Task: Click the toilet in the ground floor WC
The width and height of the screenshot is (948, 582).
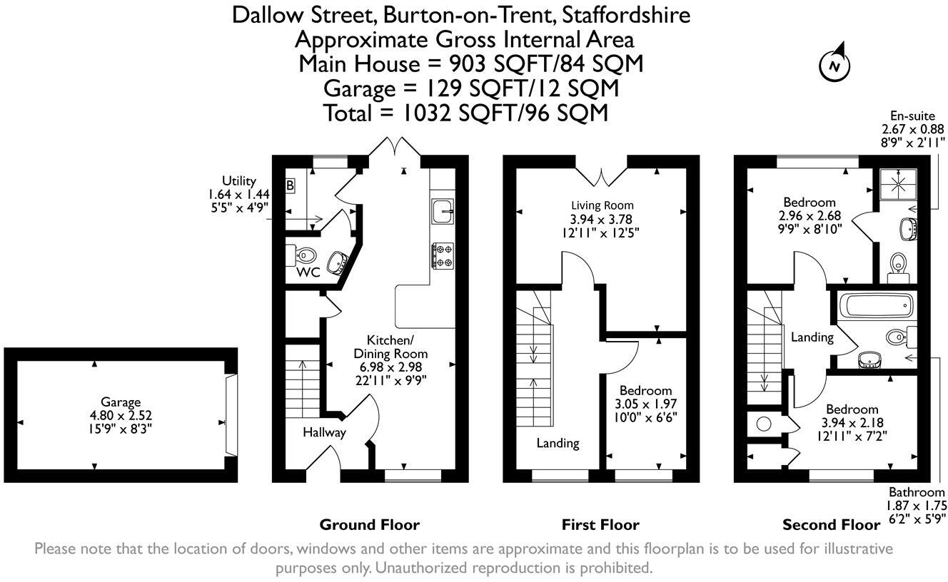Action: pos(305,255)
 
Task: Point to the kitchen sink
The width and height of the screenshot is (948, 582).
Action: pos(441,210)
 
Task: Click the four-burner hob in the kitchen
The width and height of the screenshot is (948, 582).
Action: pos(441,256)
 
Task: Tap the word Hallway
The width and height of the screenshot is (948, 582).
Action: pos(324,432)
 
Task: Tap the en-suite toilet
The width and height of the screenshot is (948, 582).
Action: pos(897,264)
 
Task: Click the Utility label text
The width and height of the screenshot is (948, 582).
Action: pos(238,182)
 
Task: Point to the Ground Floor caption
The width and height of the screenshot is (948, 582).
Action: pos(369,525)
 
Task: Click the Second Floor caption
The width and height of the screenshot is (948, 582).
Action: pos(831,525)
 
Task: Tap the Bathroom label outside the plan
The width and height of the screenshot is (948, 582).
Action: pos(916,492)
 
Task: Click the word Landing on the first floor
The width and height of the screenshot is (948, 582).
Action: pos(558,443)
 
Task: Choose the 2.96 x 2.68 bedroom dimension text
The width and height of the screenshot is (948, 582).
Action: pos(808,215)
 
